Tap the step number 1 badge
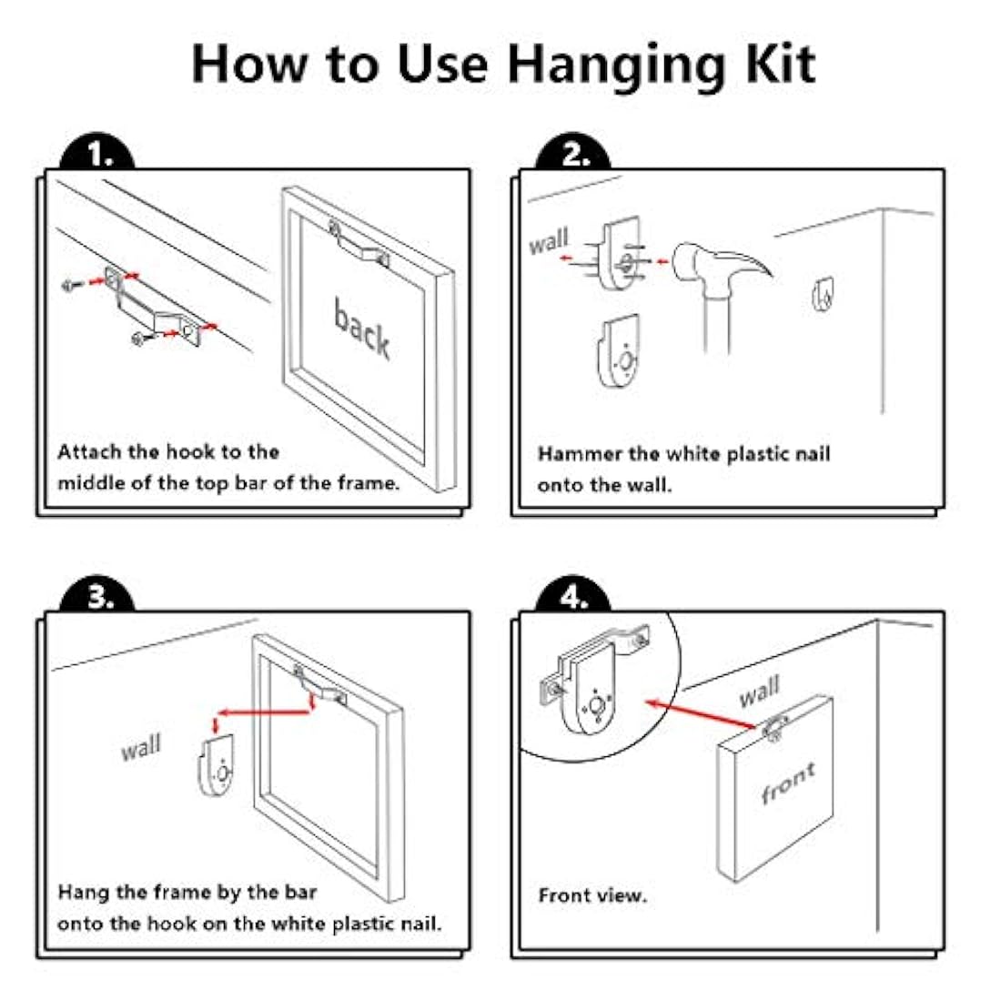tap(100, 156)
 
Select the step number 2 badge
tap(574, 156)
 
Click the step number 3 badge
tap(100, 598)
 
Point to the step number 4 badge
tap(574, 598)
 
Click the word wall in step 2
tap(549, 242)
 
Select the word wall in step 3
tap(141, 749)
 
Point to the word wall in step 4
tap(759, 692)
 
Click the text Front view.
tap(592, 895)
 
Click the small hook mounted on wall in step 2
tap(823, 294)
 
